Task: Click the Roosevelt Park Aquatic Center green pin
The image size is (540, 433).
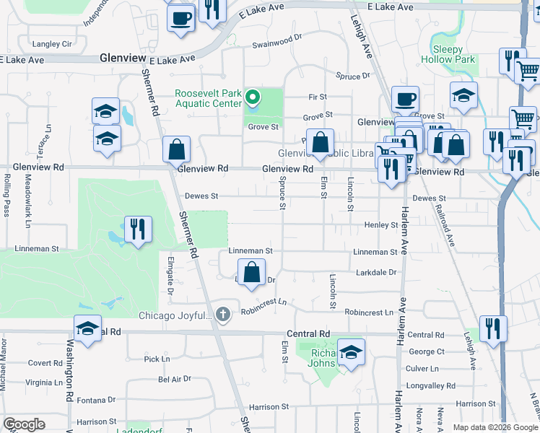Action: [253, 97]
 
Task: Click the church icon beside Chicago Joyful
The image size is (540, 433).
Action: [223, 314]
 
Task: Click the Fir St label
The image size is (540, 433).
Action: [318, 97]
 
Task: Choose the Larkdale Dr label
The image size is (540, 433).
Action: [377, 273]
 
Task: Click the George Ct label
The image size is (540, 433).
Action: [426, 351]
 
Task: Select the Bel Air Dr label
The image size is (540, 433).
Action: [174, 378]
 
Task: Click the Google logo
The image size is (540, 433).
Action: [24, 424]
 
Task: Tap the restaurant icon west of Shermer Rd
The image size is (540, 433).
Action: [136, 229]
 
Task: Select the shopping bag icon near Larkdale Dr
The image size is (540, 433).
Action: [251, 273]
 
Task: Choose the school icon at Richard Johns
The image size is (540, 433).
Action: [351, 352]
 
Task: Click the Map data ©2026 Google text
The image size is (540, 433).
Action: [495, 427]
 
